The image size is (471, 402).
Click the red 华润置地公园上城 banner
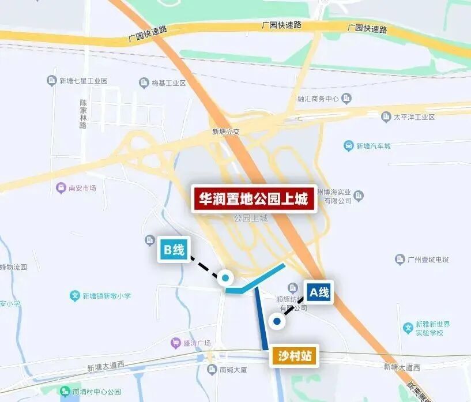254,200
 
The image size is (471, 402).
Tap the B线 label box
174,250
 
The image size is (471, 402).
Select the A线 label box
319,292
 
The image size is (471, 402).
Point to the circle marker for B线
225,278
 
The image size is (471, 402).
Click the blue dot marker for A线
277,321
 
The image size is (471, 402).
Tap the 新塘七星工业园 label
83,81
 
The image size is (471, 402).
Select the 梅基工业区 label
168,83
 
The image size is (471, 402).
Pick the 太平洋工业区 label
413,117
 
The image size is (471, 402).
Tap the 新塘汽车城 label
373,146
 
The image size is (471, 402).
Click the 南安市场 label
81,188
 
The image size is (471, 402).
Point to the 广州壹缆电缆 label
428,260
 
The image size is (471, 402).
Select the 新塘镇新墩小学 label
105,296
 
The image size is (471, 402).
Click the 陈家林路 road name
83,114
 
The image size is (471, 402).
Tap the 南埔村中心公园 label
96,392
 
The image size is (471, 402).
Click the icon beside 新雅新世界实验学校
408,328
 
